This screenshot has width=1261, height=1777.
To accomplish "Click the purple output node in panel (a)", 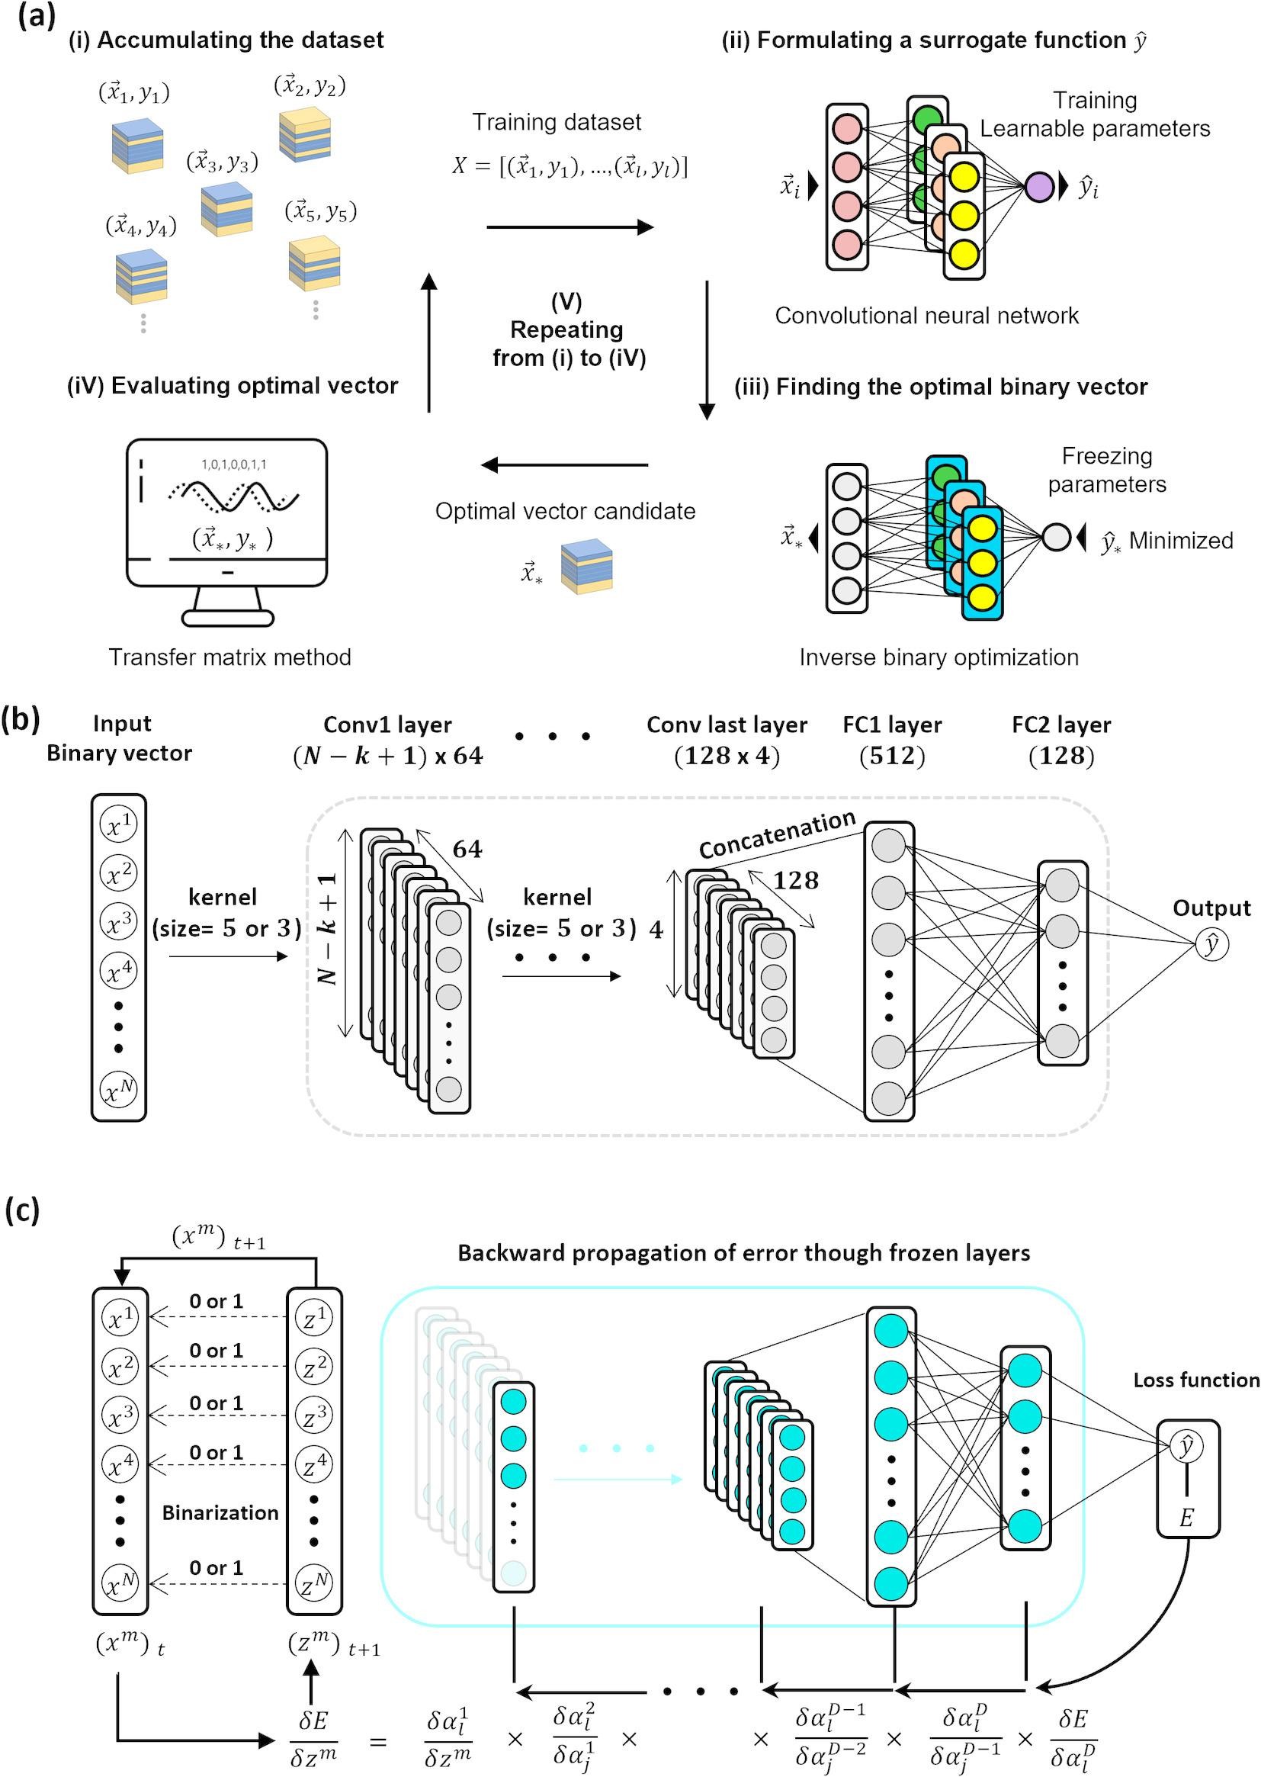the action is click(1039, 187).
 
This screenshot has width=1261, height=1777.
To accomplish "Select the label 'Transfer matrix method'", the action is click(229, 657).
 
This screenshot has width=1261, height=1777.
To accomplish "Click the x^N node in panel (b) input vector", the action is click(119, 1091).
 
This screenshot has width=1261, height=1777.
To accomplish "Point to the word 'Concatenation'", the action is click(776, 834).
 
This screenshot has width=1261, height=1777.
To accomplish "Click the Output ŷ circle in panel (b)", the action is click(1212, 944).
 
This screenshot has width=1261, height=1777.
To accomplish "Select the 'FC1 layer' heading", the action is click(892, 725).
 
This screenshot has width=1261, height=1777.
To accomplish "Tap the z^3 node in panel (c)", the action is click(313, 1414).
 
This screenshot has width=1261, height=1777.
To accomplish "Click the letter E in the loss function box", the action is click(1186, 1518).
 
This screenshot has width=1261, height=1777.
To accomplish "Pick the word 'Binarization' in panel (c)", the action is click(220, 1512).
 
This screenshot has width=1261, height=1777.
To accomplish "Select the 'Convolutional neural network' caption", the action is click(926, 315).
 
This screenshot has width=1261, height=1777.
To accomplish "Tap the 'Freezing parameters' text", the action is click(1107, 470).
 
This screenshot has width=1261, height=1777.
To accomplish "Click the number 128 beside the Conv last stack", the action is click(796, 880).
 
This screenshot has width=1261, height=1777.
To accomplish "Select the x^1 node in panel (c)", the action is click(120, 1317).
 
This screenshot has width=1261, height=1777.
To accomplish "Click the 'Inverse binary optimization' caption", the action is click(939, 657).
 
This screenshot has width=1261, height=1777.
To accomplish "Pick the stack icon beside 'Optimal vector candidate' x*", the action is click(586, 567).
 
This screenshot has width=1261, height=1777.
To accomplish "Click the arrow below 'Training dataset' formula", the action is click(570, 227).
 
